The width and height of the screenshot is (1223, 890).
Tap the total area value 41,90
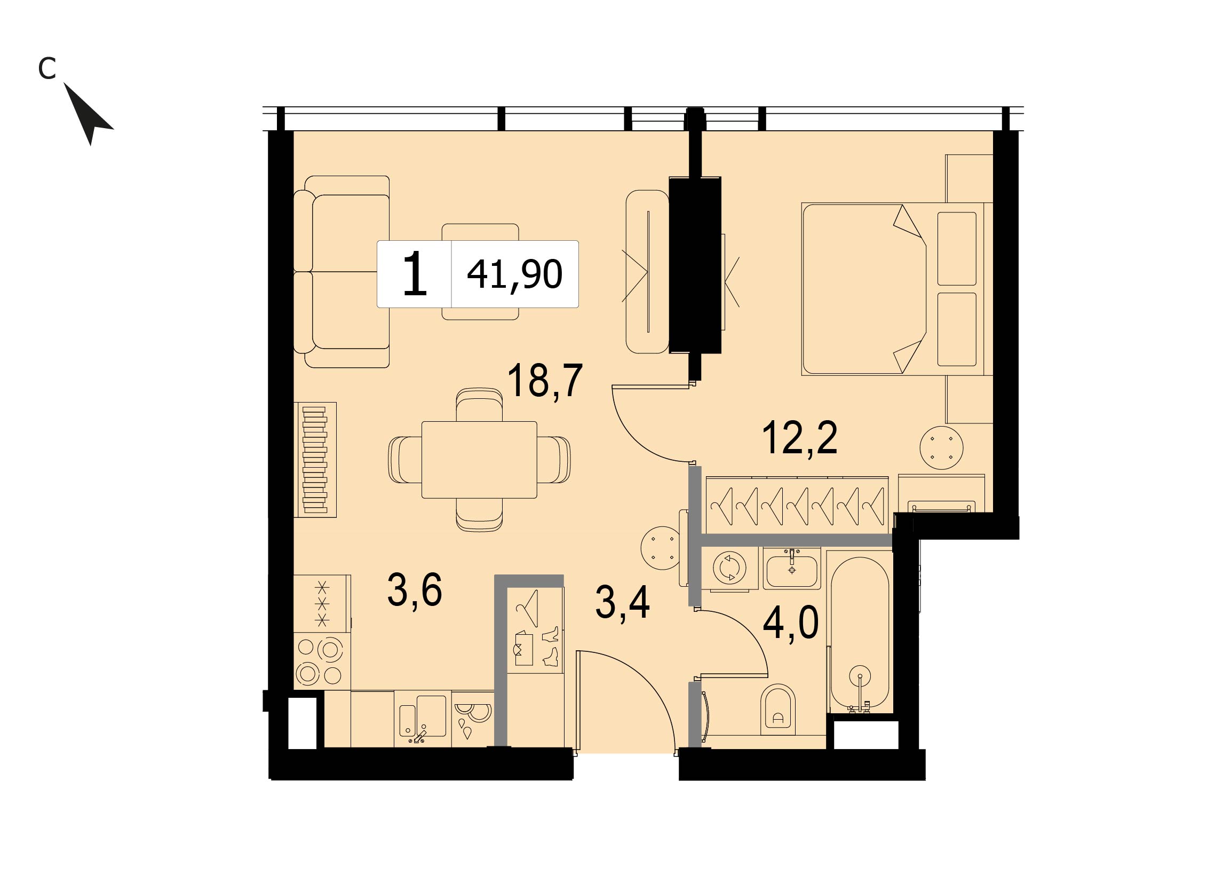coord(514,274)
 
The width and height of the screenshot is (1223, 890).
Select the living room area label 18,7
coord(545,381)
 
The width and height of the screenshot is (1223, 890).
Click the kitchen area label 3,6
coord(415,589)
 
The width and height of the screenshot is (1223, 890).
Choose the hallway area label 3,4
coord(622,603)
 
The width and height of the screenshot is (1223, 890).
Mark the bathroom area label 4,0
coord(791,621)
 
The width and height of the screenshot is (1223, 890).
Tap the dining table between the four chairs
coord(479,460)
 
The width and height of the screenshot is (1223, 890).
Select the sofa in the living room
coord(342,272)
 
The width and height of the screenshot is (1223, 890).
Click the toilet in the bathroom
coord(777,709)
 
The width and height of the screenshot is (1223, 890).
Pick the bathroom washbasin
coord(792,569)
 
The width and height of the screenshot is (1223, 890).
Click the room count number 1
coord(415,274)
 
